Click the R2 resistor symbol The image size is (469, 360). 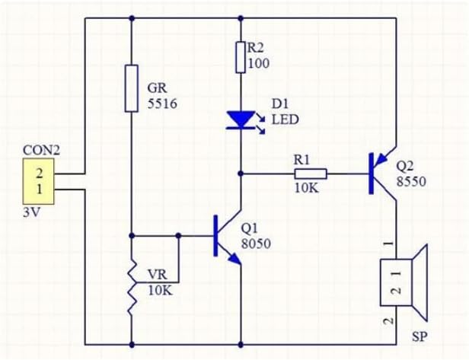click(241, 57)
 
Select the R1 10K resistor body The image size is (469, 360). click(310, 174)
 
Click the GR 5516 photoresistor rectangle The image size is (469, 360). click(132, 88)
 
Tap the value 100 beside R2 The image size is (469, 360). click(259, 63)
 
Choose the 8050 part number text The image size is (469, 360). click(254, 244)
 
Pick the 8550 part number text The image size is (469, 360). click(412, 183)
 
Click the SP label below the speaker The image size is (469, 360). click(419, 336)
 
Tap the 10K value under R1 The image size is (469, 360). click(306, 188)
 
